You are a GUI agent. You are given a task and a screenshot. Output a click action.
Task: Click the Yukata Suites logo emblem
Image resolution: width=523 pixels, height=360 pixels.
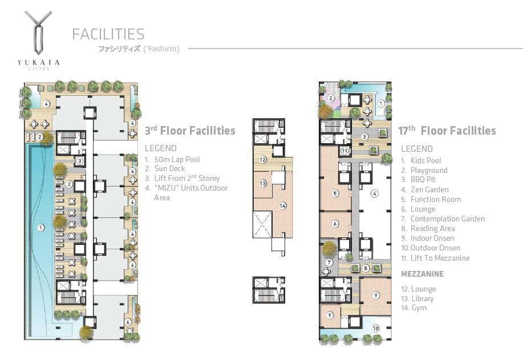coord(38,33)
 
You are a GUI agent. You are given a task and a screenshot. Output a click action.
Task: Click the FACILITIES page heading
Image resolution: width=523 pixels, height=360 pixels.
coord(108,34)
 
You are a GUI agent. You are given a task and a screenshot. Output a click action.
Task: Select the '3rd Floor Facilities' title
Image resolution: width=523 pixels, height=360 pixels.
coord(190,131)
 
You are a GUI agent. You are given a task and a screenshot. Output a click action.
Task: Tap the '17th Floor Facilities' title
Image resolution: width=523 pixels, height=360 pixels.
coord(447,131)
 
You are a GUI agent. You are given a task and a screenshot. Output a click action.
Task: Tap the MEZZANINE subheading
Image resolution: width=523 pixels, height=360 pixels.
coord(422,274)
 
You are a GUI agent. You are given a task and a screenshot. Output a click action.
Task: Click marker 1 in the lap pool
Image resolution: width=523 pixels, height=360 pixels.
coord(40,228)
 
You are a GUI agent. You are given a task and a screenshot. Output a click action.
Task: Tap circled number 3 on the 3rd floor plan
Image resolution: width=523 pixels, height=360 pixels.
coord(80,161)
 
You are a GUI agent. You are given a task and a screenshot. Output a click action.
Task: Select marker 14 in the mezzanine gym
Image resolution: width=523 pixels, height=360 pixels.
coord(283,206)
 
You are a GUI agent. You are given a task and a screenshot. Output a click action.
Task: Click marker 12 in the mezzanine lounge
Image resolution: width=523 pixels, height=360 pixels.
coord(263,160)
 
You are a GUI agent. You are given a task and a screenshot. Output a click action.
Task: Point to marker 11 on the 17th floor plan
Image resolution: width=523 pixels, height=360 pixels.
coord(344,151)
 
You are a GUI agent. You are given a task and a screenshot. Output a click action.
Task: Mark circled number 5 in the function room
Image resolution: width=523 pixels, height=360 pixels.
coord(335,193)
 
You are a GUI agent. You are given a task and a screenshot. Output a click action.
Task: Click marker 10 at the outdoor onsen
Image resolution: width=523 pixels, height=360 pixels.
coord(376,328)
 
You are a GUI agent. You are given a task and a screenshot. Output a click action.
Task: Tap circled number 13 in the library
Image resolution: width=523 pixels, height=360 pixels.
coord(263,183)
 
